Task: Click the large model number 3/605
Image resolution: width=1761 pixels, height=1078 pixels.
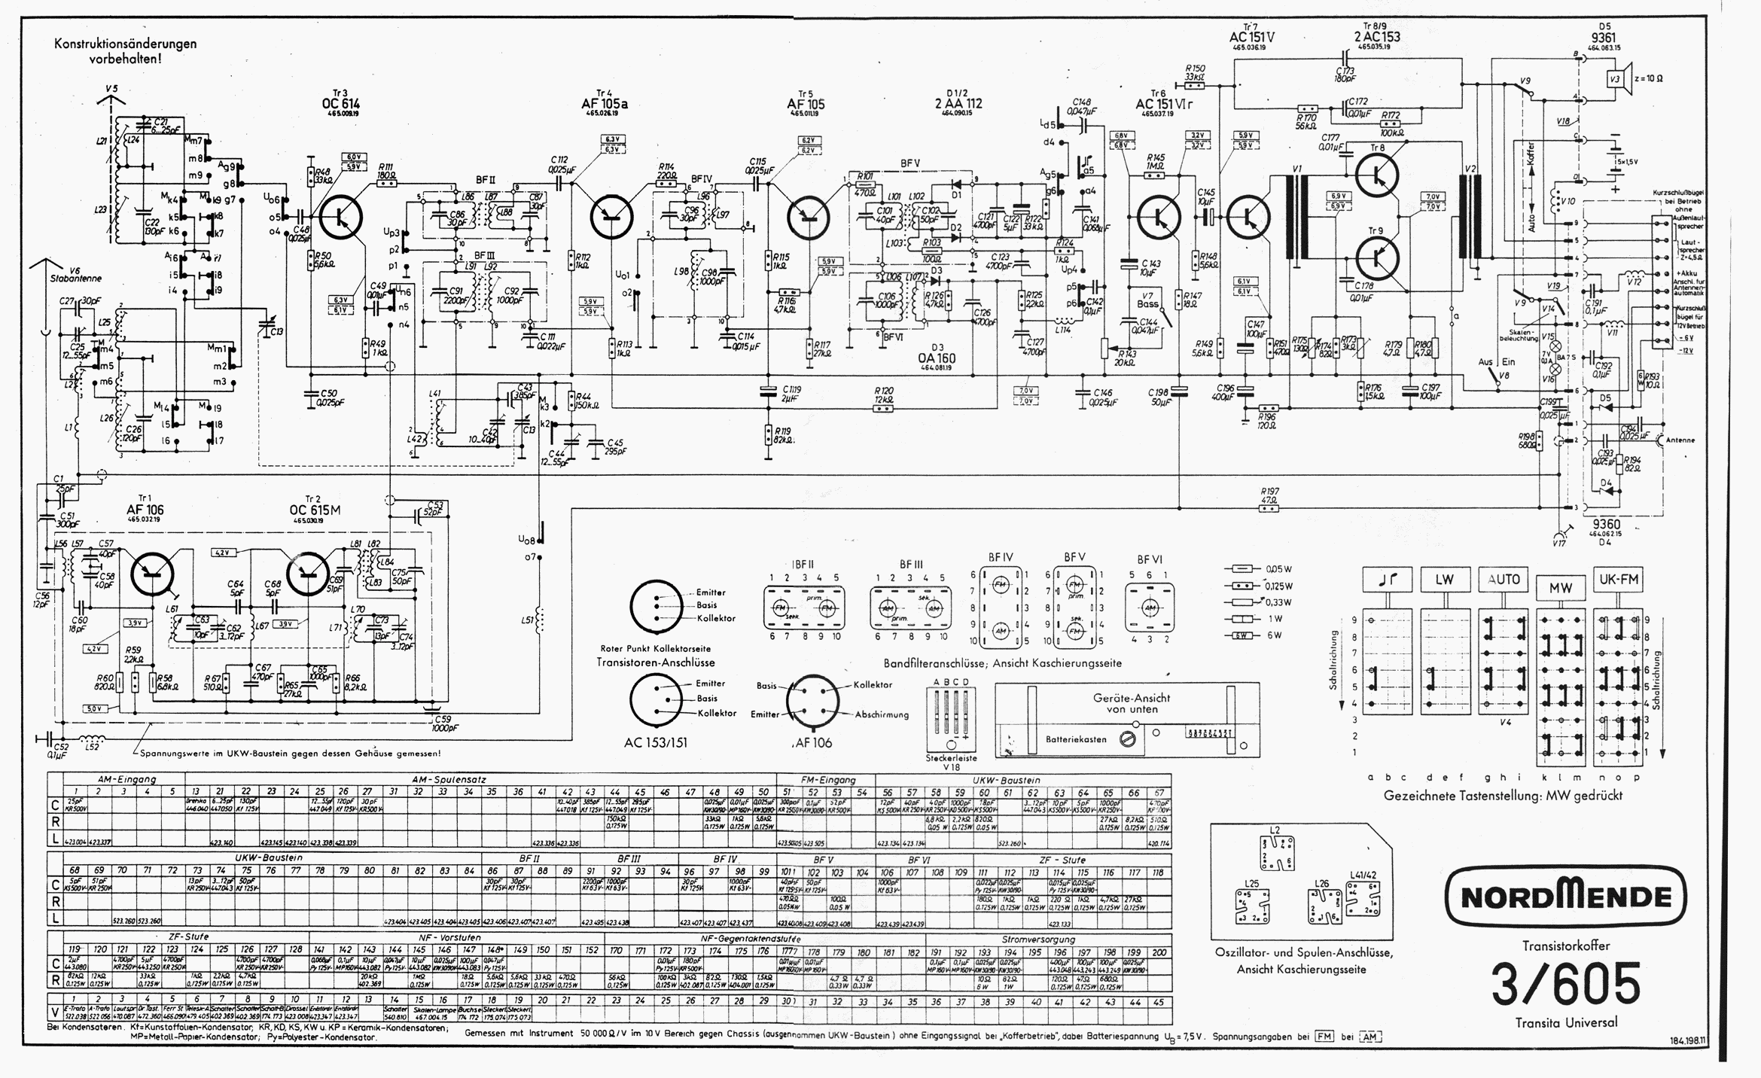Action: point(1566,983)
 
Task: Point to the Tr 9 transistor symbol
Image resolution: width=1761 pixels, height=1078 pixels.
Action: point(1377,256)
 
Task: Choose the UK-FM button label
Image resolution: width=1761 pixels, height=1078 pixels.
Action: point(1617,580)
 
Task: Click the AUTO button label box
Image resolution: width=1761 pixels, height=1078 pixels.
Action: point(1502,580)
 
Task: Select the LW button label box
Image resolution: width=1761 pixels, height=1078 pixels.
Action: point(1444,580)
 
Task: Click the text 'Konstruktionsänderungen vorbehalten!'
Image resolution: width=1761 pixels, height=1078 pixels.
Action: point(125,50)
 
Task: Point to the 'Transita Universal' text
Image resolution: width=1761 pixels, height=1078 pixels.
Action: point(1566,1022)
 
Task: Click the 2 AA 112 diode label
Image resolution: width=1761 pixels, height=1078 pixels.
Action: point(958,104)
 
